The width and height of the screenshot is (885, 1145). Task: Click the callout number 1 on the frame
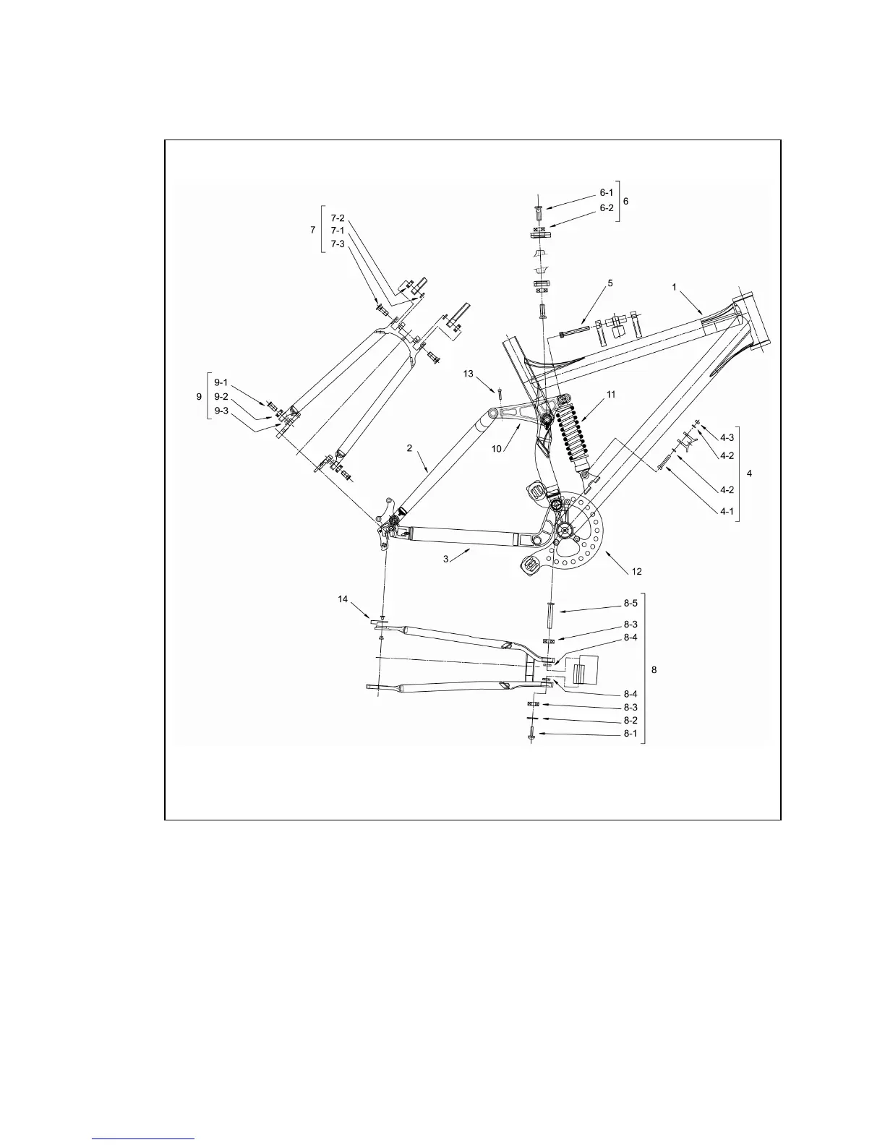675,287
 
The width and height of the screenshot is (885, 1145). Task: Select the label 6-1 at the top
606,193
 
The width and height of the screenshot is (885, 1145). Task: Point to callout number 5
610,283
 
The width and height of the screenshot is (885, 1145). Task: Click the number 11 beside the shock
611,395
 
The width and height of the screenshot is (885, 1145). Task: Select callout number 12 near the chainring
636,571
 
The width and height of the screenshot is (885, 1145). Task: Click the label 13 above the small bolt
469,374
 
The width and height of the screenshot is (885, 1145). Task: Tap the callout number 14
343,599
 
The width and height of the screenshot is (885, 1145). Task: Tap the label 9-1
221,382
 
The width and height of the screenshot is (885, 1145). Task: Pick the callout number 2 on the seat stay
409,448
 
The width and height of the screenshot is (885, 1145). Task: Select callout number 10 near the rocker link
497,449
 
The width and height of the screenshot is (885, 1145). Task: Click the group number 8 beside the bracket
654,670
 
